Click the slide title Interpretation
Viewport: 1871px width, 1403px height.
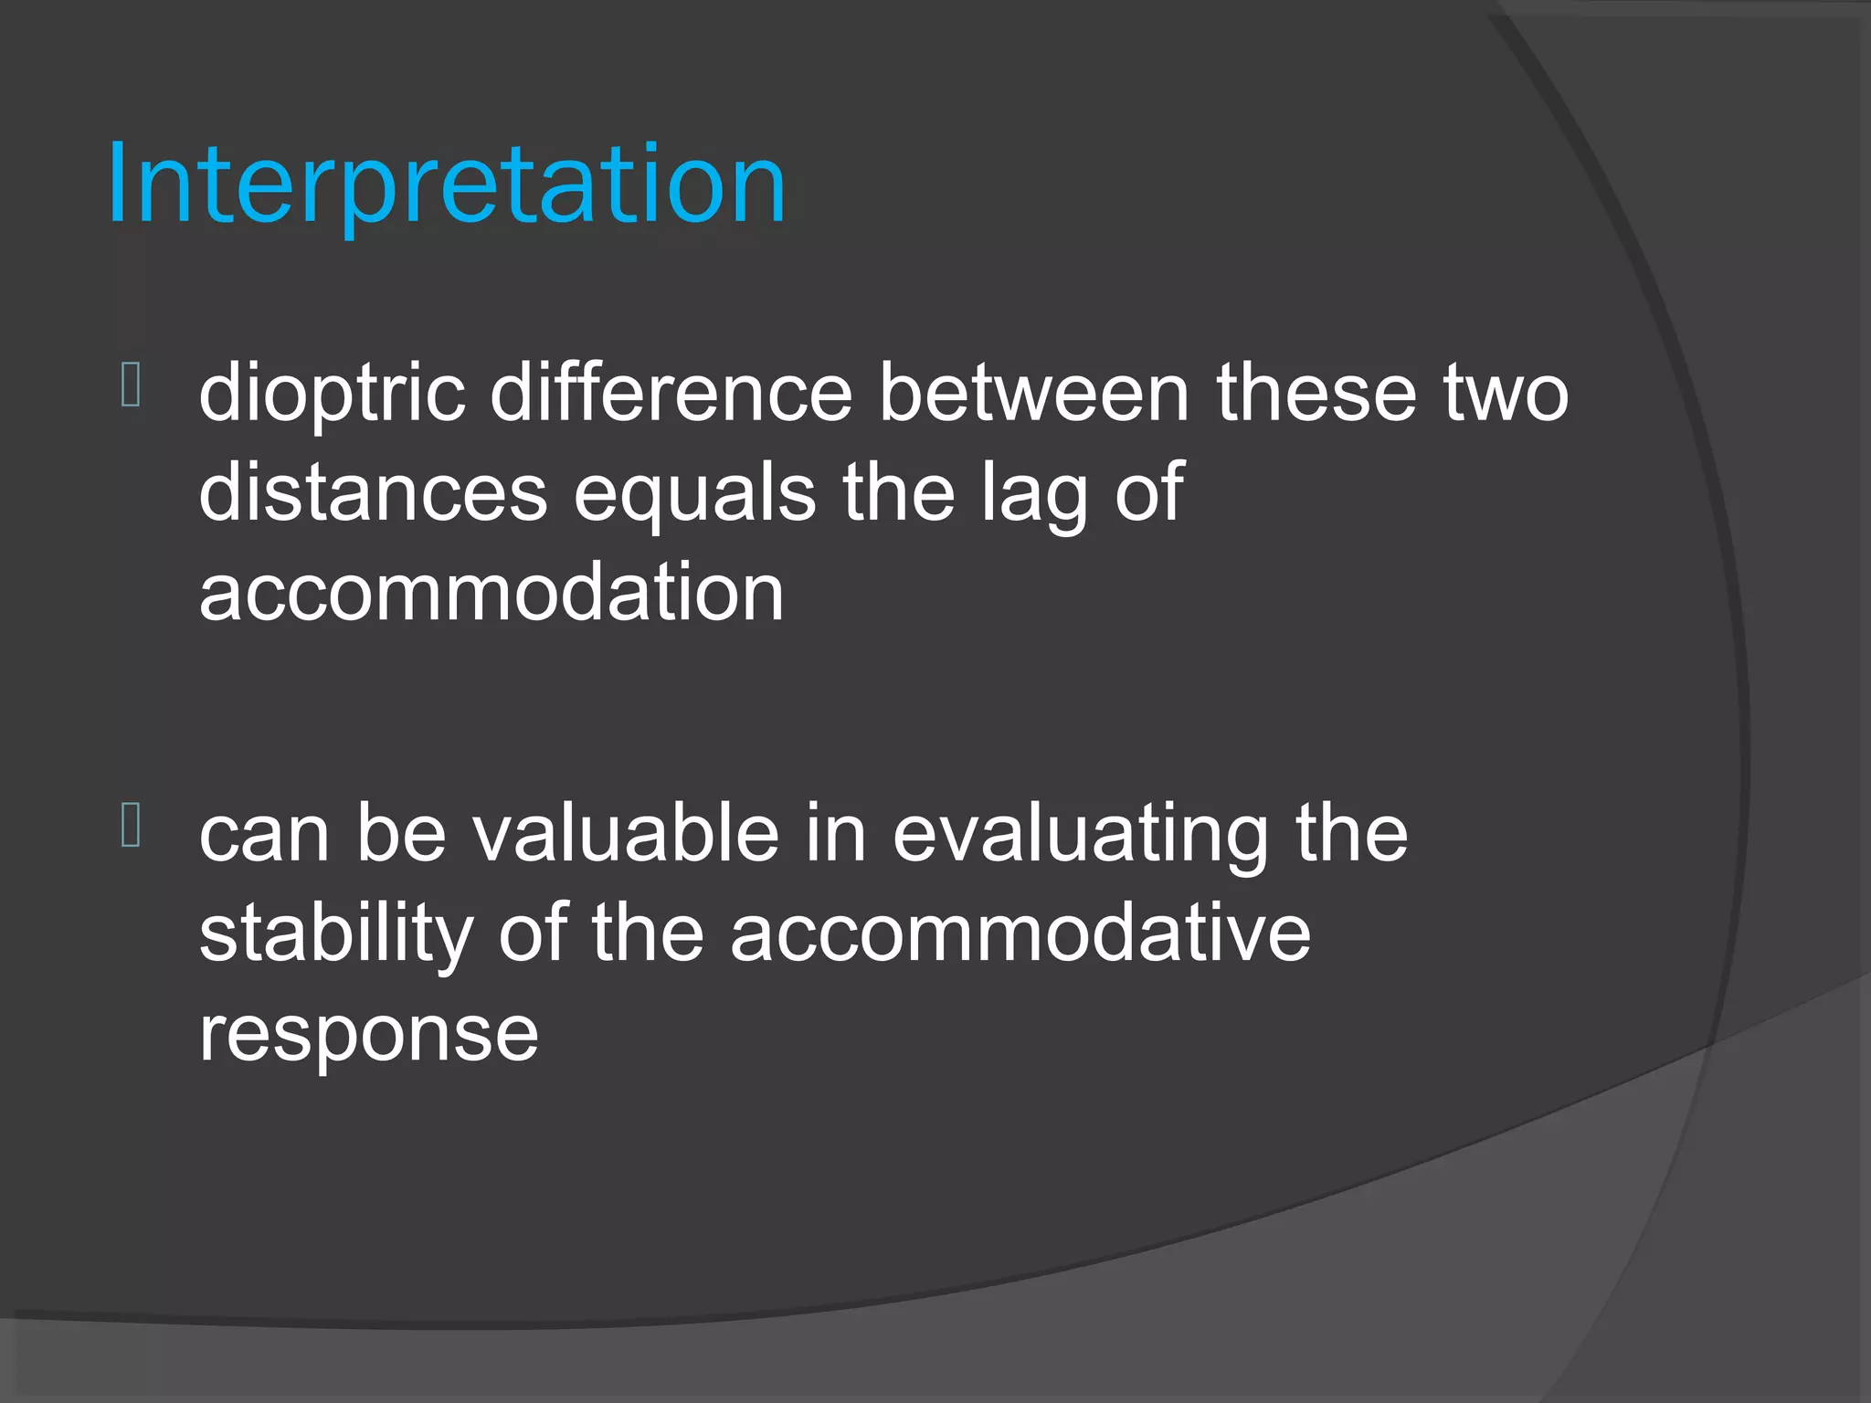[x=446, y=185]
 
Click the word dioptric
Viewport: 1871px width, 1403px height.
[x=332, y=394]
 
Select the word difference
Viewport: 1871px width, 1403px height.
[x=671, y=394]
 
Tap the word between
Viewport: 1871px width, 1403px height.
[x=1033, y=394]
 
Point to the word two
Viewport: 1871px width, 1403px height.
[x=1506, y=394]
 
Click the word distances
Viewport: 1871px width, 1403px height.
[x=373, y=493]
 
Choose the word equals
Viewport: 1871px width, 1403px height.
[x=694, y=493]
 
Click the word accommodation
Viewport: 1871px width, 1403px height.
[x=492, y=593]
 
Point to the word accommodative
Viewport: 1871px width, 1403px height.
[x=1020, y=934]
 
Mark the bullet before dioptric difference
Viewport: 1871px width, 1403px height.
[x=131, y=385]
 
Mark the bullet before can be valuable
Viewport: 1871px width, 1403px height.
[x=131, y=824]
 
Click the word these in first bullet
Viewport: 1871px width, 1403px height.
[x=1316, y=394]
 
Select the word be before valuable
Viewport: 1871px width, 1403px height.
[x=401, y=833]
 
